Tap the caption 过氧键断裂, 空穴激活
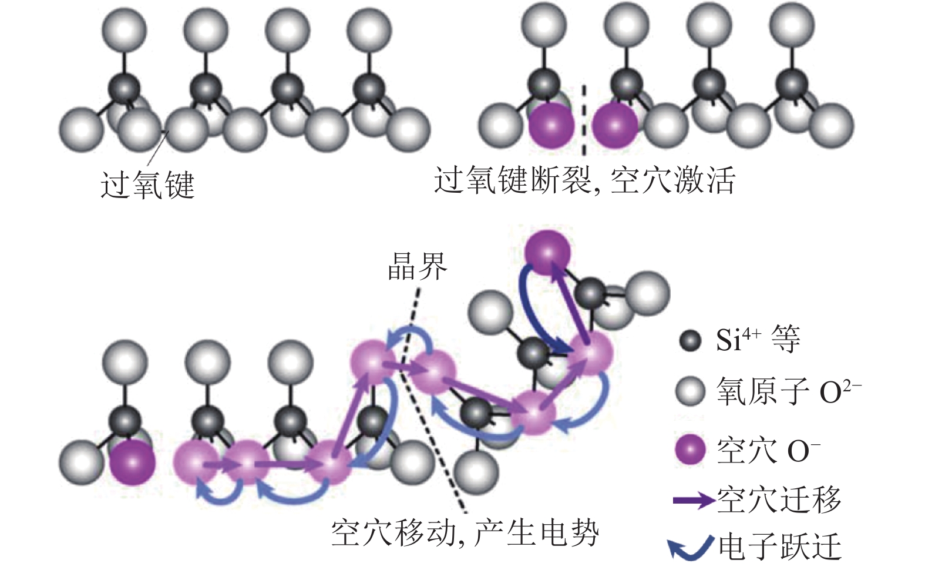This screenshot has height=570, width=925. [x=584, y=180]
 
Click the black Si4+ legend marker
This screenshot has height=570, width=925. [x=690, y=341]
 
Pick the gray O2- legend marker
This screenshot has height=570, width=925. [x=690, y=391]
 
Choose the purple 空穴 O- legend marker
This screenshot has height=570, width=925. [x=690, y=451]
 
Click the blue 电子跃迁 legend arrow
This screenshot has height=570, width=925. [x=691, y=547]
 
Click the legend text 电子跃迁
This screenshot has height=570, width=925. [x=779, y=547]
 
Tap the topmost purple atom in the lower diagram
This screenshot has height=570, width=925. [x=547, y=253]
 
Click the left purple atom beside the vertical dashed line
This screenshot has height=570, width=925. [x=551, y=126]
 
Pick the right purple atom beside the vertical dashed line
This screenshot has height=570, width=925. [x=615, y=126]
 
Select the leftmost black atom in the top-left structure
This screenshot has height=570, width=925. [x=125, y=89]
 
